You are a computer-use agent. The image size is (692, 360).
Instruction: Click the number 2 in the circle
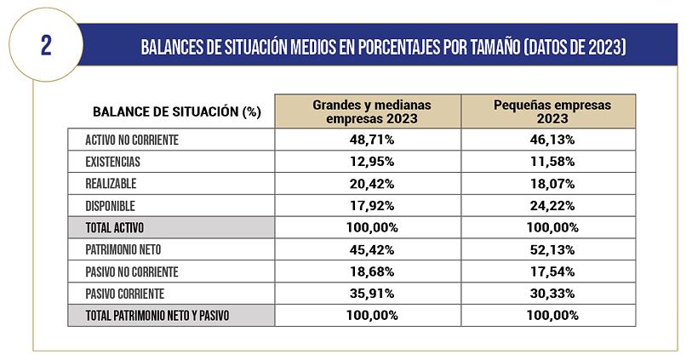tap(46, 44)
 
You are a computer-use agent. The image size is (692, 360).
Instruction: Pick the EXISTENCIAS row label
tap(112, 162)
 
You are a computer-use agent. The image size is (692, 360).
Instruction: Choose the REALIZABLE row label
tap(111, 183)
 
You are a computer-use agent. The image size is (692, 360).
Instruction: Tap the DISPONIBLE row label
tap(111, 205)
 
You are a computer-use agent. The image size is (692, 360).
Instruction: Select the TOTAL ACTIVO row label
tap(115, 227)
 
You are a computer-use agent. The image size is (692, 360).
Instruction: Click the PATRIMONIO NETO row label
tap(125, 249)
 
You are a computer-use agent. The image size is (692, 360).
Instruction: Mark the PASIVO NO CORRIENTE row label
tap(132, 271)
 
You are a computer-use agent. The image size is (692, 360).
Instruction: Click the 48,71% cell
tap(368, 140)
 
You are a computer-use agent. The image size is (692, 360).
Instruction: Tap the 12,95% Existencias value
tap(368, 162)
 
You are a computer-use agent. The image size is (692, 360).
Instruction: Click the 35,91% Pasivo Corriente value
tap(368, 294)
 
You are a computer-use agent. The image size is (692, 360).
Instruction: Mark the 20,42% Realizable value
tap(368, 183)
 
